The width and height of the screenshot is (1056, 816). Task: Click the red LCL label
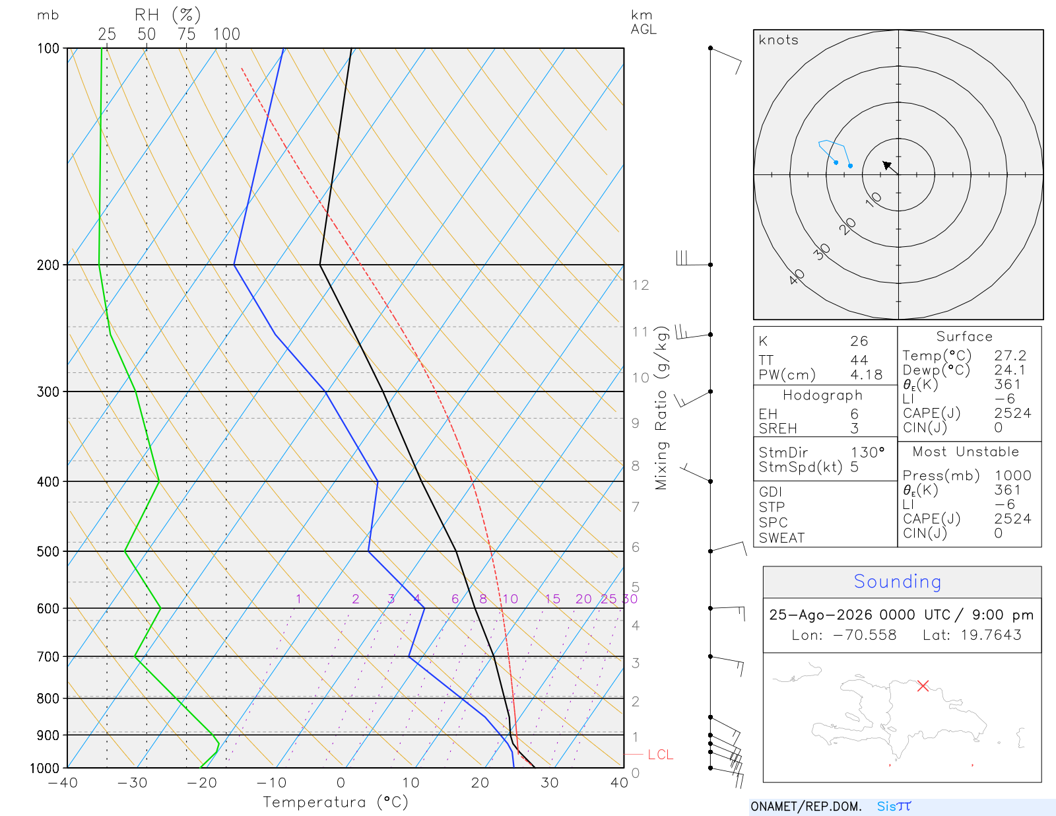[660, 755]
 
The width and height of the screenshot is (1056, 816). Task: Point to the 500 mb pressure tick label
[48, 552]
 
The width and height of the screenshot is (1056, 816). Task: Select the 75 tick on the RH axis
[187, 34]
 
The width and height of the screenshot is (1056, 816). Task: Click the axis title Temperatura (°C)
[335, 802]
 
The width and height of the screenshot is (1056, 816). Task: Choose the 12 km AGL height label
[640, 285]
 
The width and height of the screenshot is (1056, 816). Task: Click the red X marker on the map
[923, 685]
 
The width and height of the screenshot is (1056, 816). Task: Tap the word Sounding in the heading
[897, 581]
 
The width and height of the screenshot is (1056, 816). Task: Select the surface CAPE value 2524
[1012, 413]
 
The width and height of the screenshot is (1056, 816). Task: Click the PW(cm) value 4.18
[866, 375]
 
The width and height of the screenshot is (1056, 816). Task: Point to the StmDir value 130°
[867, 452]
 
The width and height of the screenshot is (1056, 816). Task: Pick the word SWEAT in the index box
[781, 538]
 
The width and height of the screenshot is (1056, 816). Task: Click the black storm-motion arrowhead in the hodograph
[887, 165]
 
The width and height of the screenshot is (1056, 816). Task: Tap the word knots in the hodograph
[779, 40]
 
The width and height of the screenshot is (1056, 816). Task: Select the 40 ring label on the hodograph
[797, 277]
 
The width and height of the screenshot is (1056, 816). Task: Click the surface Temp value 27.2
[1010, 356]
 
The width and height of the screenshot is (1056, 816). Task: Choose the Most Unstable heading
[965, 452]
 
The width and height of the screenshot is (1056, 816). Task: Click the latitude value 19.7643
[991, 634]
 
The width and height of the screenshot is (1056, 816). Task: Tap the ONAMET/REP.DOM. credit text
[806, 806]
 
